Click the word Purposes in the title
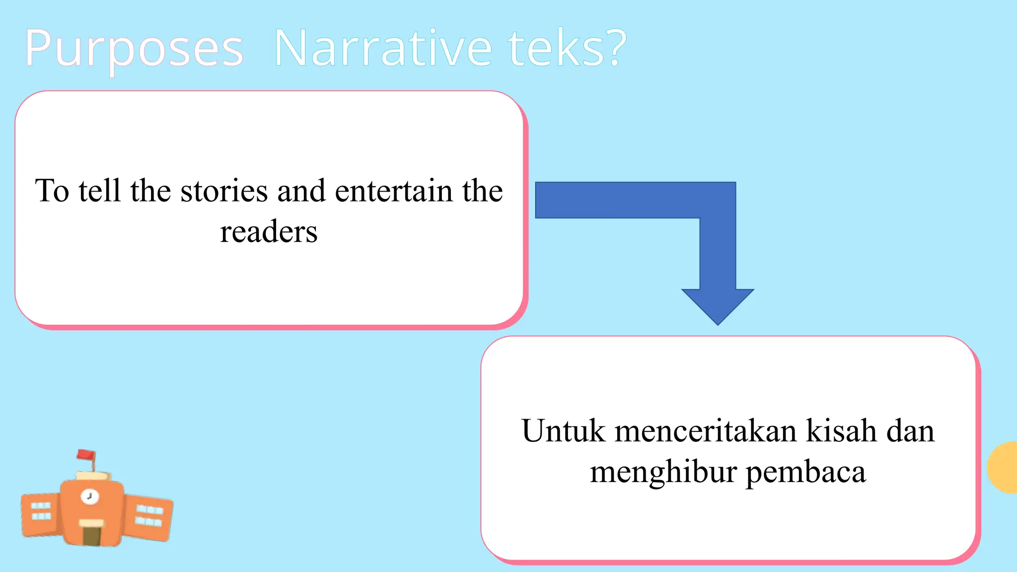click(x=134, y=49)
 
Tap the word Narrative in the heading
click(x=382, y=49)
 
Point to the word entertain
click(x=394, y=191)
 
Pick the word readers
click(x=269, y=232)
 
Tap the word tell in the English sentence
click(x=99, y=191)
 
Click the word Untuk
click(x=563, y=430)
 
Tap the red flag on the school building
click(x=86, y=454)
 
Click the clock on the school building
click(x=90, y=496)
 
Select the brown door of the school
click(x=91, y=535)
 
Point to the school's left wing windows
click(x=41, y=511)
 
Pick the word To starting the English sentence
click(x=52, y=191)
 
